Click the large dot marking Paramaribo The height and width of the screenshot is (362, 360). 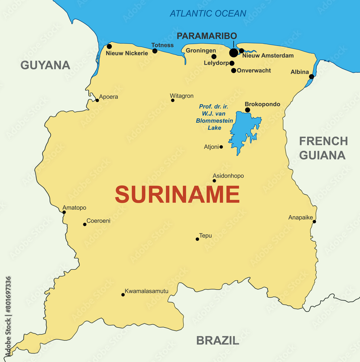click(234, 53)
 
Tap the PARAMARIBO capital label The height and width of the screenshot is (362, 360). click(207, 36)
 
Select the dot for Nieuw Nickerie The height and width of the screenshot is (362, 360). click(109, 46)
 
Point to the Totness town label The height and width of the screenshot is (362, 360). click(162, 45)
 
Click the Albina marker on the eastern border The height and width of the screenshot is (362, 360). click(312, 76)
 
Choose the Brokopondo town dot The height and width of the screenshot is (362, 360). click(247, 110)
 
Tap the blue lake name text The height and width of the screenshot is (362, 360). click(214, 117)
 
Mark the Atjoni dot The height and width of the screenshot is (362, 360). click(221, 147)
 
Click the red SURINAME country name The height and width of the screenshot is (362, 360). click(177, 194)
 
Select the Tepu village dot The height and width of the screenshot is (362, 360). click(197, 239)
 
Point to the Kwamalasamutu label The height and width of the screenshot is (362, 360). click(147, 291)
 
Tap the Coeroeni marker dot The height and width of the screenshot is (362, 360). click(85, 224)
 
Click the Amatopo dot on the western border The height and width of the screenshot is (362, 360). click(64, 212)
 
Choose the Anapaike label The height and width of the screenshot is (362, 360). click(300, 218)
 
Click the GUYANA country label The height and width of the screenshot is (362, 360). click(45, 65)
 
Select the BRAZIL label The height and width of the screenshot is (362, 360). click(217, 340)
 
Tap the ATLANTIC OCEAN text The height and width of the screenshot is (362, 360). click(208, 14)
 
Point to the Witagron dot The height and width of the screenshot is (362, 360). click(173, 100)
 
